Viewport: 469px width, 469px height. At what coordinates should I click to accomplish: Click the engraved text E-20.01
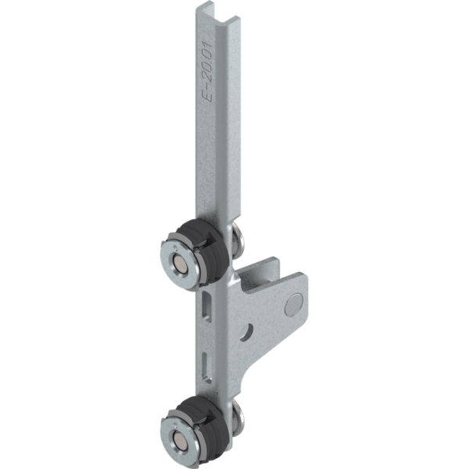(207, 71)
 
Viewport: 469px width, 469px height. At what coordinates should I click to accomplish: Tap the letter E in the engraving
(206, 97)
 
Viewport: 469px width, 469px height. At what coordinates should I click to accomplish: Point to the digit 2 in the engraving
(206, 78)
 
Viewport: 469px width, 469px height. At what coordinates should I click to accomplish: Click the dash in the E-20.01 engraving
(206, 88)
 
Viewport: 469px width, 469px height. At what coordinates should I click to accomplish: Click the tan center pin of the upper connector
(180, 264)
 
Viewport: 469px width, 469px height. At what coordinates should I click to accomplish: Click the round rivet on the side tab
(294, 305)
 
